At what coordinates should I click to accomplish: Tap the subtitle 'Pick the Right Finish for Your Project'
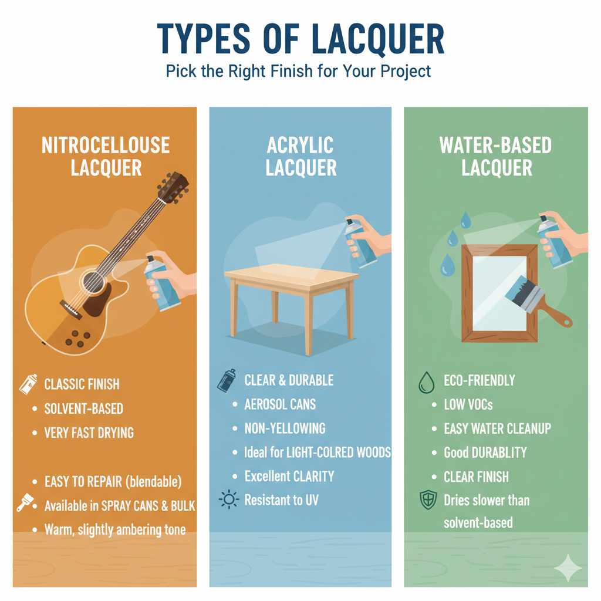(298, 72)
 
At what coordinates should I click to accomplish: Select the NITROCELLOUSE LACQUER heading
(106, 156)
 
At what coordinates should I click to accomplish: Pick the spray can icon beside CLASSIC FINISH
(28, 384)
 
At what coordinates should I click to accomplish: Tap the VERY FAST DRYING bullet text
(89, 433)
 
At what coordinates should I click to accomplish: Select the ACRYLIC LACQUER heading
(300, 156)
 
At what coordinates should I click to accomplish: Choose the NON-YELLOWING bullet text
(285, 428)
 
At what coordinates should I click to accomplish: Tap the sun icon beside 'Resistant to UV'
(228, 500)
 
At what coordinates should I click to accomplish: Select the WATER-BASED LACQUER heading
(496, 156)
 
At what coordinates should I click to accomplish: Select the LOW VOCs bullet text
(468, 405)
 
